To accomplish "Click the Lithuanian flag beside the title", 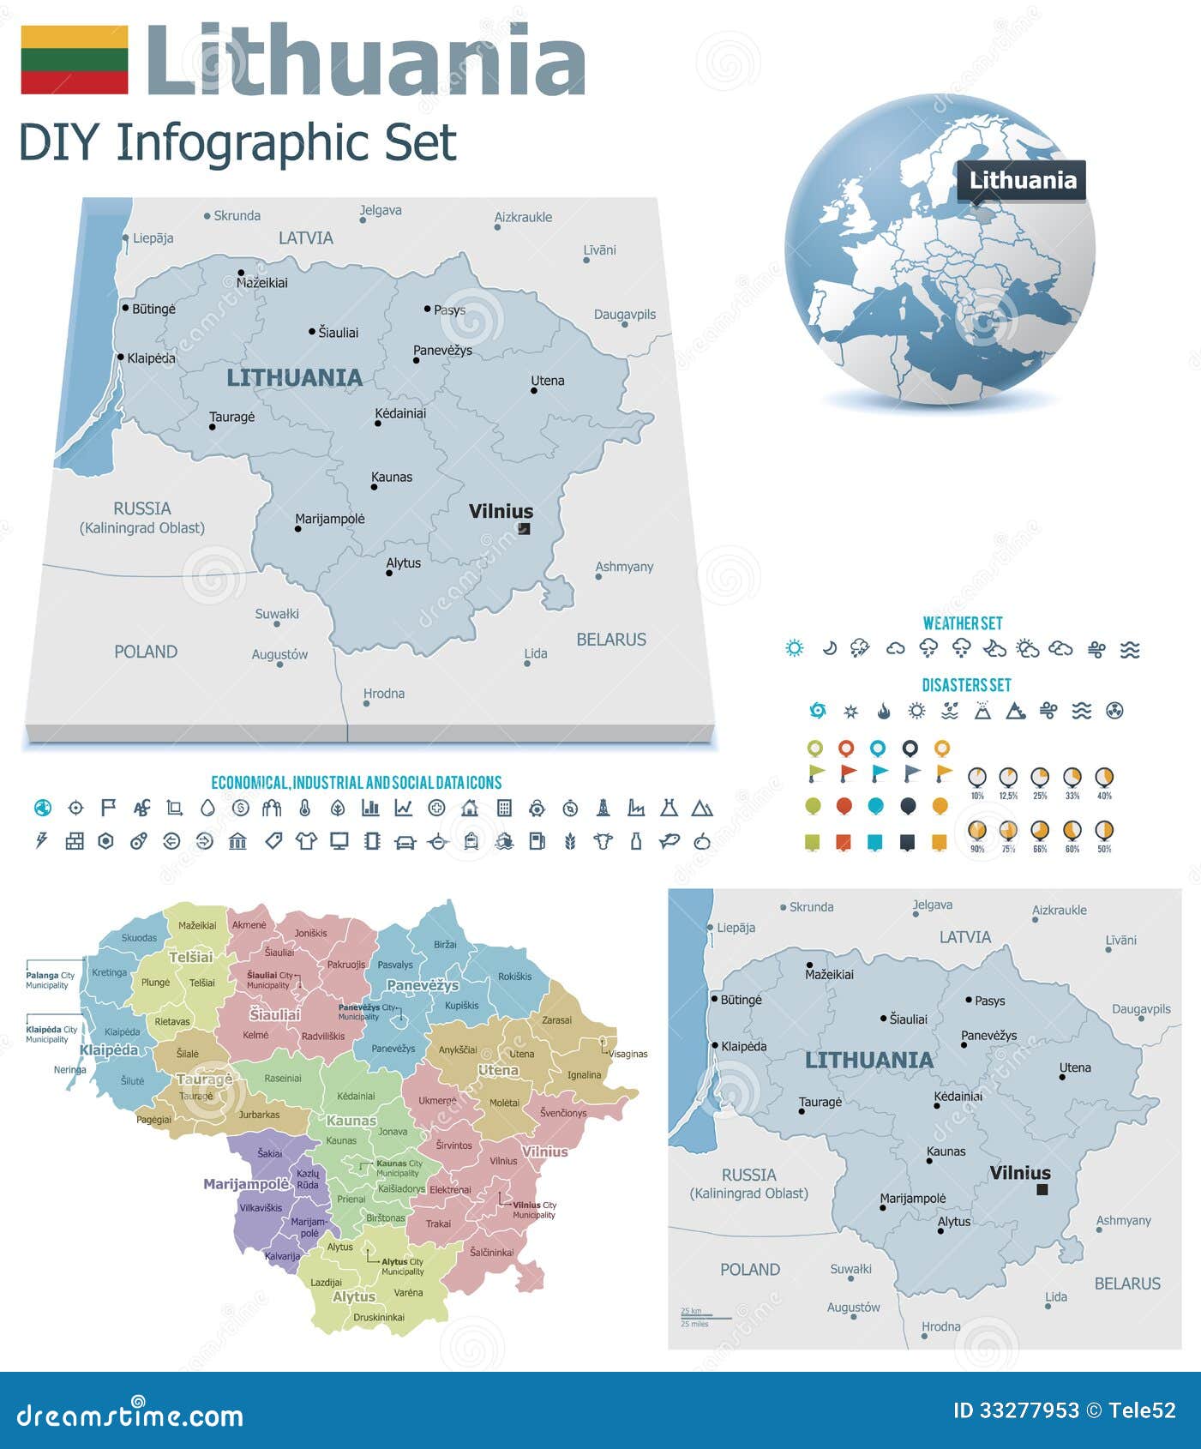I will click(75, 59).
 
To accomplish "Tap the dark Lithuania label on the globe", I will click(1022, 180).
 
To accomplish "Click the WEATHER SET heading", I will click(962, 623).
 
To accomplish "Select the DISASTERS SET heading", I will click(966, 685).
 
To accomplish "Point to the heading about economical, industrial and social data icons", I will click(356, 782).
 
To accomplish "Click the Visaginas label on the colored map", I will click(628, 1054).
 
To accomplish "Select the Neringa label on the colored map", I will click(69, 1069).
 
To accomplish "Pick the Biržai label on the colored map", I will click(445, 944).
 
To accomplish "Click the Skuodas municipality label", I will click(139, 937).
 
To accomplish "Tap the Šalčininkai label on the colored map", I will click(491, 1252).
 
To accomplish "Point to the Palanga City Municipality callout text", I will click(49, 980).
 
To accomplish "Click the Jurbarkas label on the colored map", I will click(259, 1115).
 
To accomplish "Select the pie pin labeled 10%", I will click(976, 778).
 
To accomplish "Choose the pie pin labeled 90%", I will click(976, 831).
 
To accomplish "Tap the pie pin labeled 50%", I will click(1104, 831).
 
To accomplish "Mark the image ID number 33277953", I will click(1016, 1410).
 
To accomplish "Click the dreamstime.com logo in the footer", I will click(129, 1416).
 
